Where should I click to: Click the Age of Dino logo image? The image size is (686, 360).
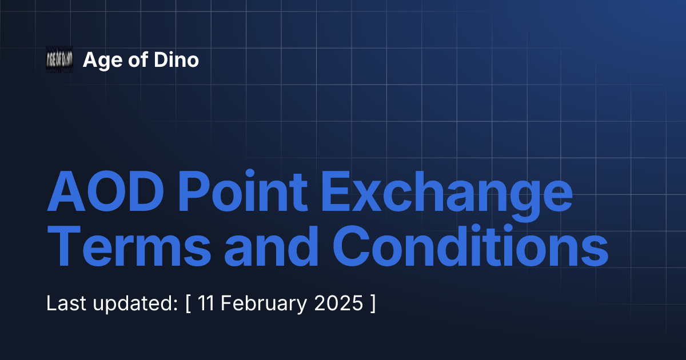[59, 59]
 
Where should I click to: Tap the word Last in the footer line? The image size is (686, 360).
[65, 303]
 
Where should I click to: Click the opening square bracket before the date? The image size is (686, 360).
[188, 303]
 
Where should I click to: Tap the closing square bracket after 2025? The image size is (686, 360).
[373, 303]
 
